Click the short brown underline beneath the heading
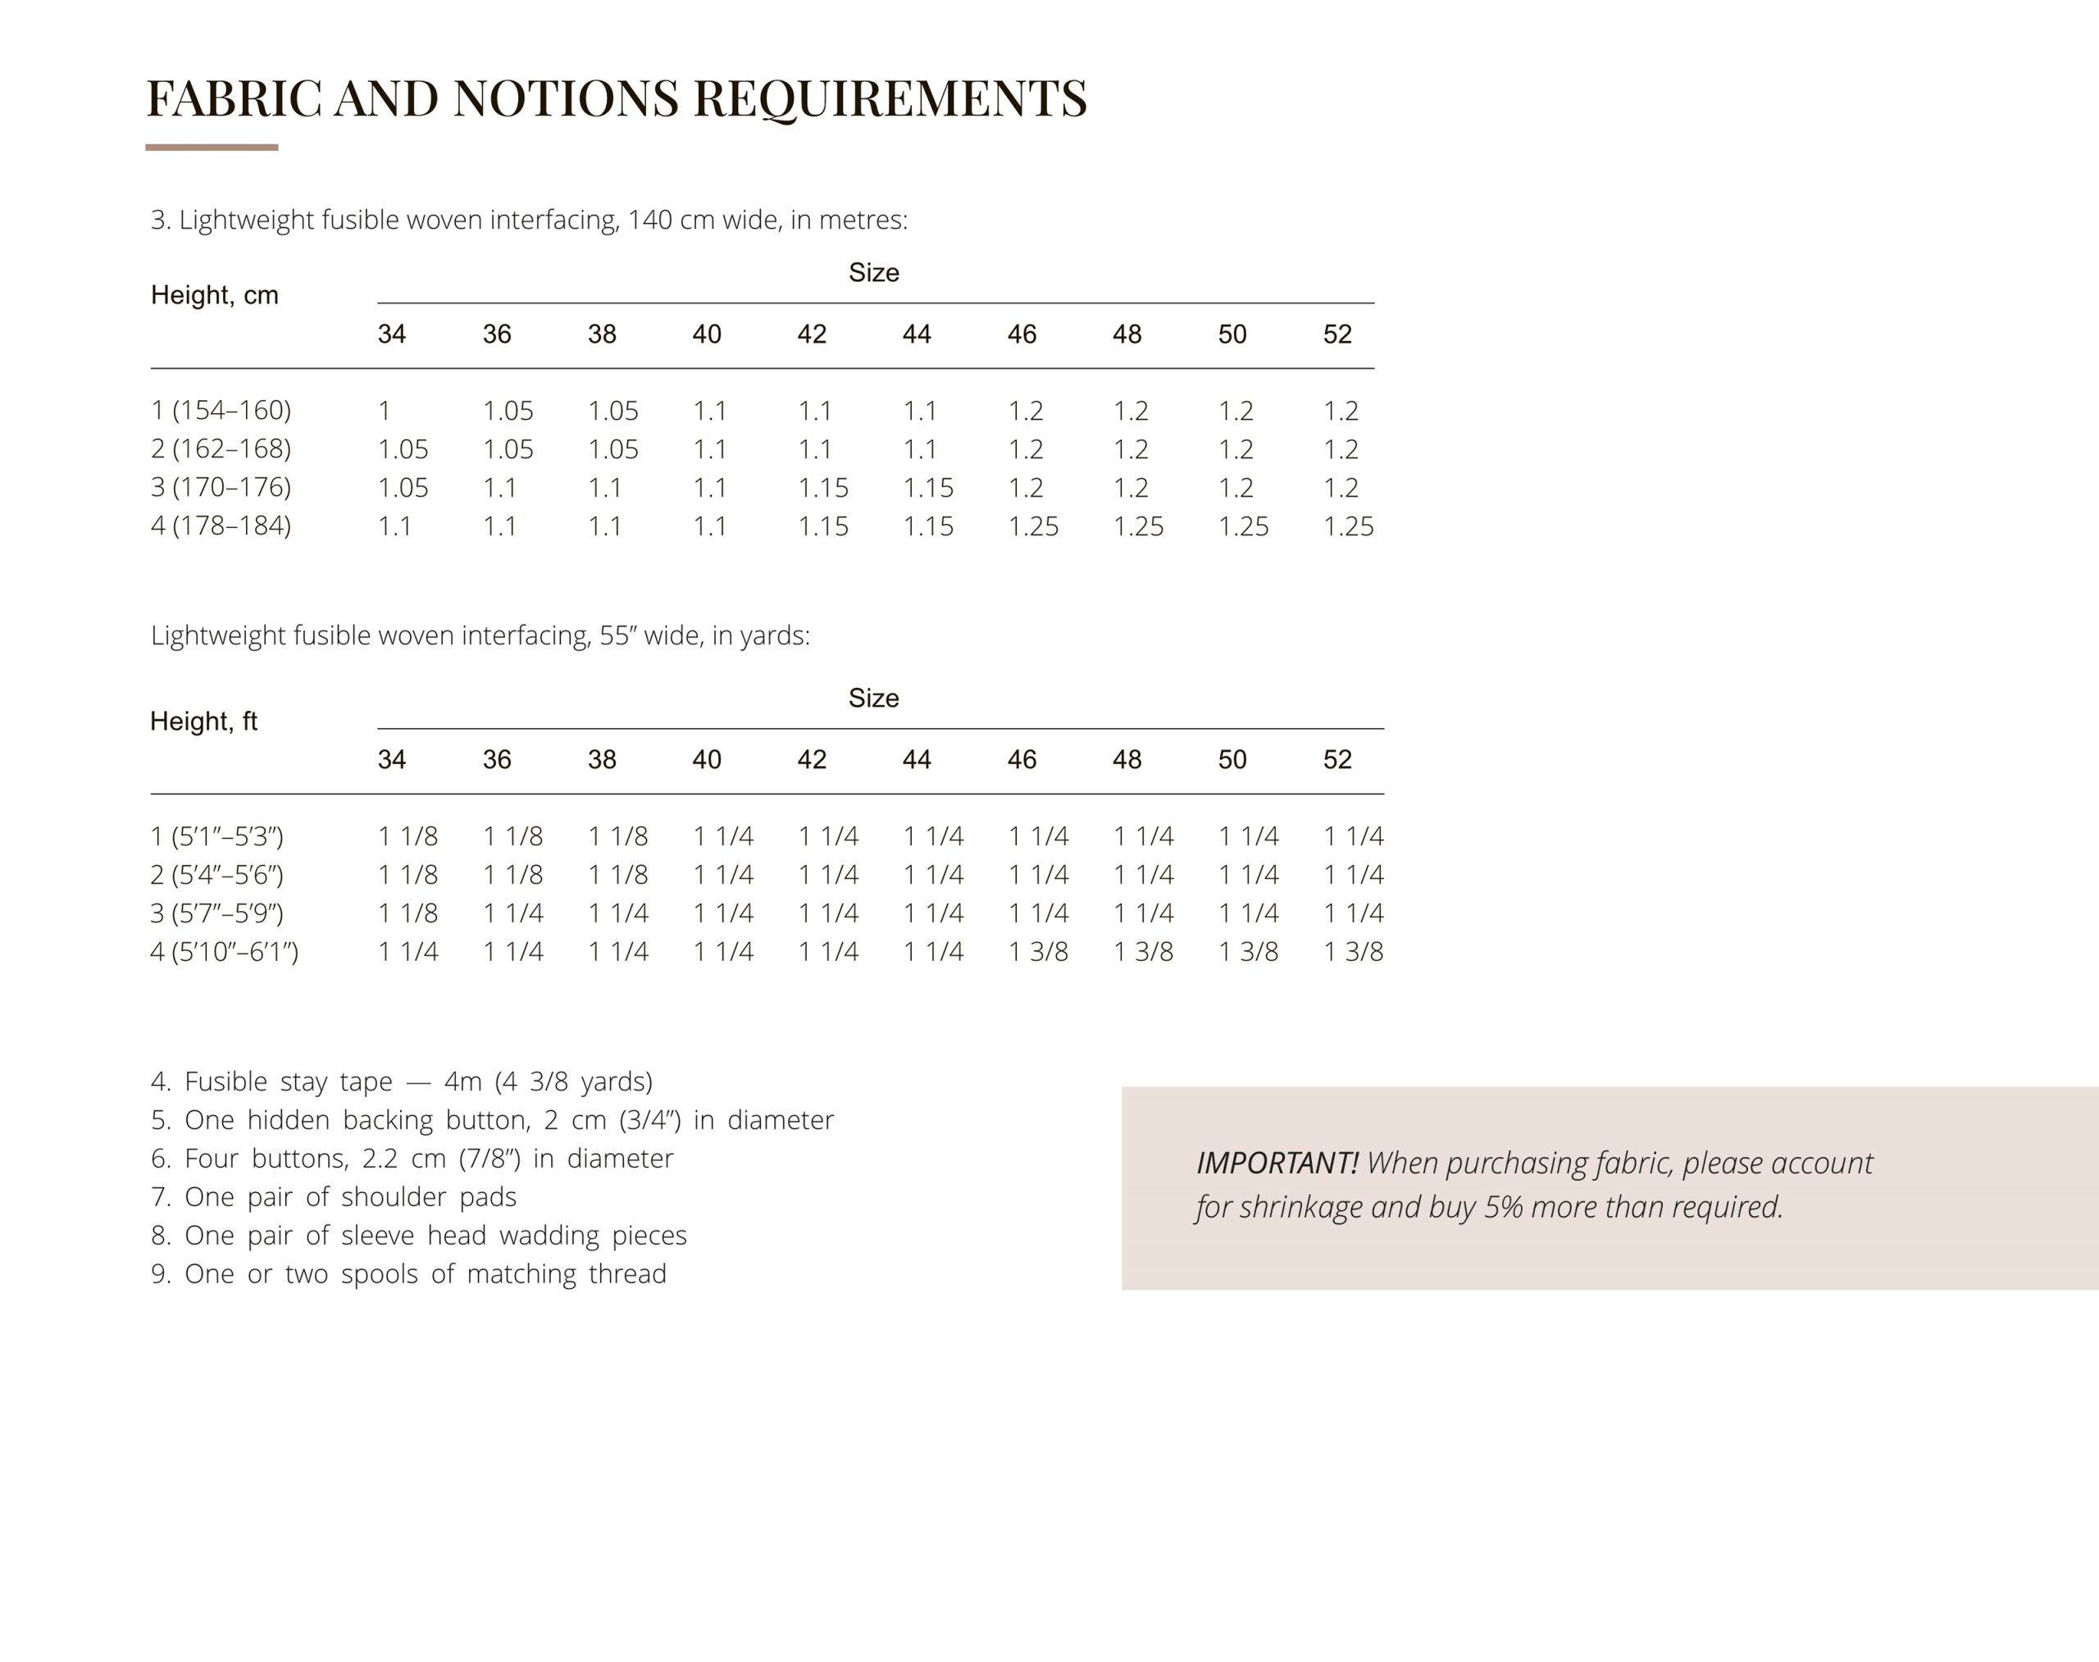click(212, 148)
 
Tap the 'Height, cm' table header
click(214, 295)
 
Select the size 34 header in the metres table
click(391, 335)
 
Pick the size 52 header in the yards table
click(1337, 760)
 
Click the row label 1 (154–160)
click(221, 411)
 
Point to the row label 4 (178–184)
click(221, 526)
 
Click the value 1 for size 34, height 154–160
click(385, 411)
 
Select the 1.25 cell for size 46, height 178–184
click(1032, 526)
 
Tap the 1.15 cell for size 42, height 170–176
click(822, 488)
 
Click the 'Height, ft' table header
click(203, 721)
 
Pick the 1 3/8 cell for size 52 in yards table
click(1353, 952)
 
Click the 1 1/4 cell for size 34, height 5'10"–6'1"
click(408, 952)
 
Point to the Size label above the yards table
click(873, 699)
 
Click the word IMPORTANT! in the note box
click(1277, 1163)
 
